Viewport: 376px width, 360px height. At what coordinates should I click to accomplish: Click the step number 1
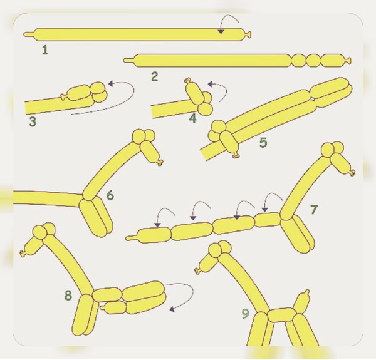click(x=45, y=50)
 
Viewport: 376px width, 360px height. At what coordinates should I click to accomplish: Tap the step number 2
click(x=155, y=76)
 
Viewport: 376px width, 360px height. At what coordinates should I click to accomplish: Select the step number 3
click(x=33, y=121)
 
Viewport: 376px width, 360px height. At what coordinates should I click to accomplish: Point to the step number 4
click(x=192, y=118)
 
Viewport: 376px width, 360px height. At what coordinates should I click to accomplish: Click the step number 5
click(x=263, y=142)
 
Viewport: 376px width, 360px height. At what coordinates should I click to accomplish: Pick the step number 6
click(x=110, y=195)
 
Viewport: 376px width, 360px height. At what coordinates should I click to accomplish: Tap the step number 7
click(x=314, y=210)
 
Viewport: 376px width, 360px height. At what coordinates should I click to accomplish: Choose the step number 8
click(x=68, y=295)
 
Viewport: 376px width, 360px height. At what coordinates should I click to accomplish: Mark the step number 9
click(x=245, y=314)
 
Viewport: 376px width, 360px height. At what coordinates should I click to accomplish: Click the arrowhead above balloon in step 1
click(x=221, y=31)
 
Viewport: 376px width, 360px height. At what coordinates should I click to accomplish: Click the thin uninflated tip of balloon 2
click(x=128, y=60)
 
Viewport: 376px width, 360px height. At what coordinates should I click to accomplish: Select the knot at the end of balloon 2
click(x=348, y=60)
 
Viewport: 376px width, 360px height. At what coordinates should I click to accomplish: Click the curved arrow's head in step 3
click(x=111, y=84)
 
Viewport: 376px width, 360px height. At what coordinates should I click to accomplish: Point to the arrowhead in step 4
click(x=211, y=84)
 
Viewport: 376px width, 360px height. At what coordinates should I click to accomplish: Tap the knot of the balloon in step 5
click(x=236, y=155)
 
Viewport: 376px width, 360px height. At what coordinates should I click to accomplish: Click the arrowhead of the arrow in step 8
click(x=172, y=309)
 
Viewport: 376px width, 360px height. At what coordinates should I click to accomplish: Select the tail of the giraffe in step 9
click(x=302, y=299)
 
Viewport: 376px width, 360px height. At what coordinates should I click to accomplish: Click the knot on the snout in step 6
click(x=160, y=163)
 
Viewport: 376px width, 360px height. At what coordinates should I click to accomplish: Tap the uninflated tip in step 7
click(x=131, y=239)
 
